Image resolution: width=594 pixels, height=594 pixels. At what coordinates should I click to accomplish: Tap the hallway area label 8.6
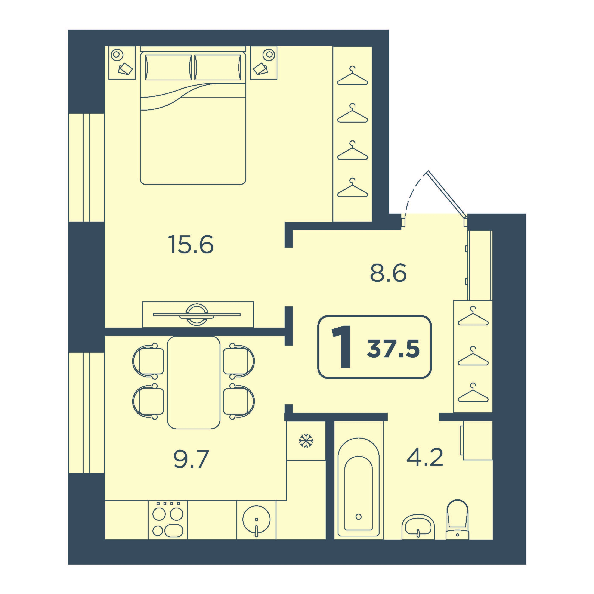click(388, 273)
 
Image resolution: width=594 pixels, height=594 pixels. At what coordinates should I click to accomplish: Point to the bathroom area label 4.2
click(425, 457)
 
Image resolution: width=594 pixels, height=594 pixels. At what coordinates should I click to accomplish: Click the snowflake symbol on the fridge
click(306, 440)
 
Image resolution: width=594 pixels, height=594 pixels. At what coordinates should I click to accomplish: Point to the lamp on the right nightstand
click(269, 55)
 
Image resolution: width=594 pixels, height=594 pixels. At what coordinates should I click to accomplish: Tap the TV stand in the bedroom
click(198, 314)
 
